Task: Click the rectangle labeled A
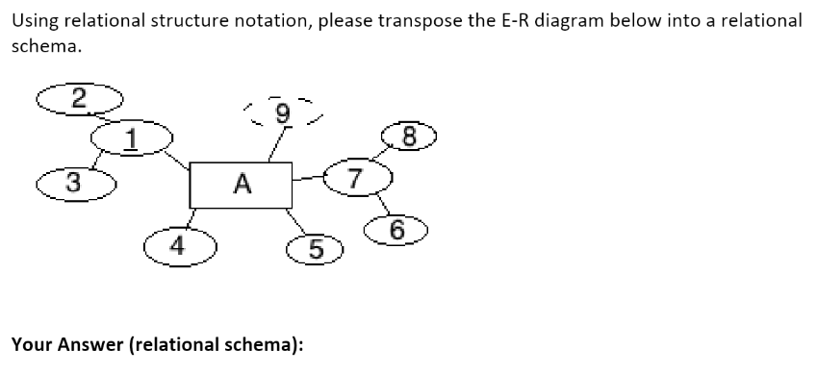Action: [x=241, y=184]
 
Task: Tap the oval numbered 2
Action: [x=80, y=96]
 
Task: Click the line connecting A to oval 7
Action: [x=307, y=178]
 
